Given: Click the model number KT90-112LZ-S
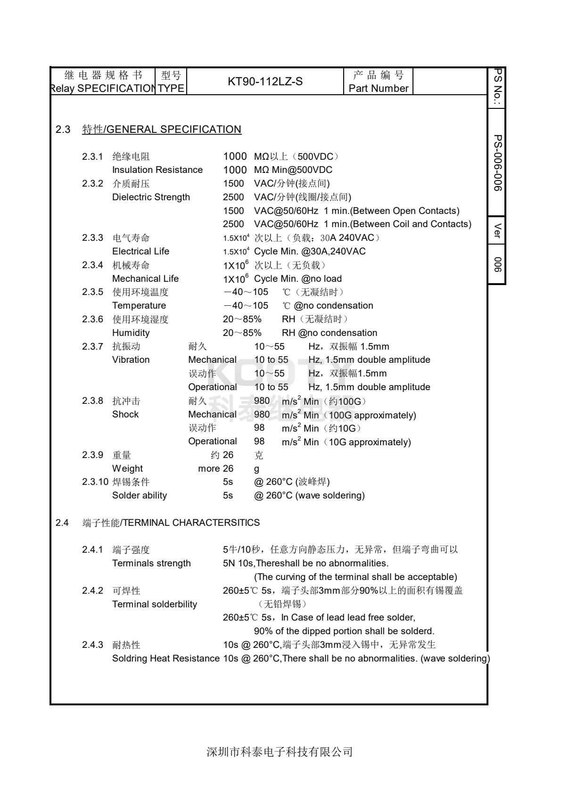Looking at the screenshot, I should pyautogui.click(x=265, y=82).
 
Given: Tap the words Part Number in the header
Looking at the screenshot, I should pyautogui.click(x=379, y=89).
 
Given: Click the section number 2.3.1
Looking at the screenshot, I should pyautogui.click(x=92, y=156).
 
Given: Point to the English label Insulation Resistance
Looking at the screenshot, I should pyautogui.click(x=157, y=170).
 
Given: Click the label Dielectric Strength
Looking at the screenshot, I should pyautogui.click(x=151, y=197).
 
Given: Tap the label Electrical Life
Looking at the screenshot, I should pyautogui.click(x=140, y=251).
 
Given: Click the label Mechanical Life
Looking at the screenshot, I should pyautogui.click(x=145, y=278).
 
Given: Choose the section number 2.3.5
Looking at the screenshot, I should pyautogui.click(x=92, y=292).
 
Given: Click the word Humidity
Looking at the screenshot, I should pyautogui.click(x=131, y=333).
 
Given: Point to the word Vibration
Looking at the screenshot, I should pyautogui.click(x=131, y=360).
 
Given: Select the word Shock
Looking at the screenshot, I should pyautogui.click(x=125, y=414).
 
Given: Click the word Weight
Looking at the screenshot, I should pyautogui.click(x=127, y=468).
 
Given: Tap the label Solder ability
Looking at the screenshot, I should pyautogui.click(x=139, y=495).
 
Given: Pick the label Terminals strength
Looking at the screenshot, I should pyautogui.click(x=151, y=563).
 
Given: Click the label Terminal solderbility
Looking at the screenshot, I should pyautogui.click(x=155, y=604).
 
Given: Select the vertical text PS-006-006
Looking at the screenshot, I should pyautogui.click(x=497, y=163).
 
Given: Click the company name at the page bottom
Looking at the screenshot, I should pyautogui.click(x=280, y=752).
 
